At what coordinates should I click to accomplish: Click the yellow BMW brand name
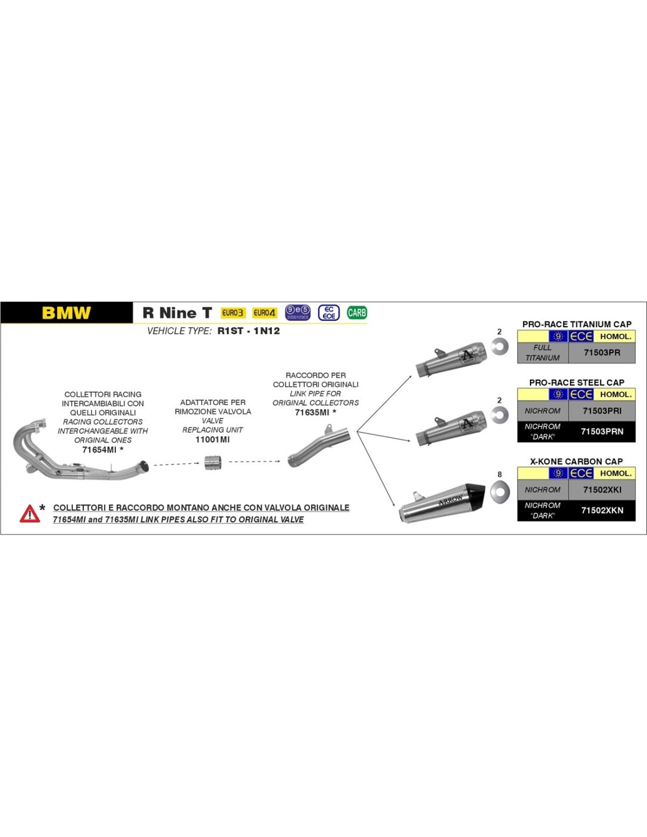[66, 313]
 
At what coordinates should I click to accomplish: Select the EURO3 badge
[233, 313]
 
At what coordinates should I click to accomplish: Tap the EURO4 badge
[265, 313]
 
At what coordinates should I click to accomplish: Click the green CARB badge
[357, 313]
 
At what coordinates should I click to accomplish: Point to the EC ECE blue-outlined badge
[329, 313]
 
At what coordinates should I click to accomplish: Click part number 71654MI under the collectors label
[99, 450]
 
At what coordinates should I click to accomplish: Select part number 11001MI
[212, 440]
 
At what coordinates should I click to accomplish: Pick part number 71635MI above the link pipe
[312, 412]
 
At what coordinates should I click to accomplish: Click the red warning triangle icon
[29, 514]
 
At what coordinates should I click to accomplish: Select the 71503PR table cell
[602, 353]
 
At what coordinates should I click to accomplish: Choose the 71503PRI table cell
[602, 411]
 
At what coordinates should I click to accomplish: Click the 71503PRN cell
[602, 431]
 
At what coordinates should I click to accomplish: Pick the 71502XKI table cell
[602, 490]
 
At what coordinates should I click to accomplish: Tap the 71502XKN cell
[602, 510]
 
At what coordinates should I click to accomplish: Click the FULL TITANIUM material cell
[543, 353]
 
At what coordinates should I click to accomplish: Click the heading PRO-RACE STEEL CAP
[576, 383]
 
